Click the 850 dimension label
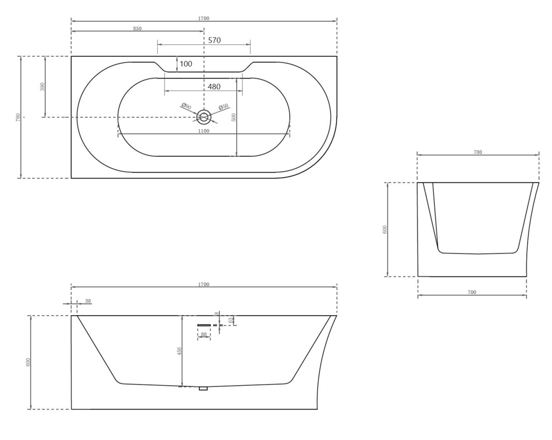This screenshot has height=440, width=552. click(137, 29)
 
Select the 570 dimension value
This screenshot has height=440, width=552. click(214, 40)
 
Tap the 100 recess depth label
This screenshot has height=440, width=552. click(186, 64)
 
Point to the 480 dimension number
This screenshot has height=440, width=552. click(214, 86)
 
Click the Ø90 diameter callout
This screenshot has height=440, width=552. click(186, 106)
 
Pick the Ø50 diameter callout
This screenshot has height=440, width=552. click(224, 107)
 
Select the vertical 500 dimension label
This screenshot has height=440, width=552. click(233, 117)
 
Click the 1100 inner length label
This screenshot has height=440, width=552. click(204, 131)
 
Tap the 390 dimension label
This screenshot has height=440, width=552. click(43, 87)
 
